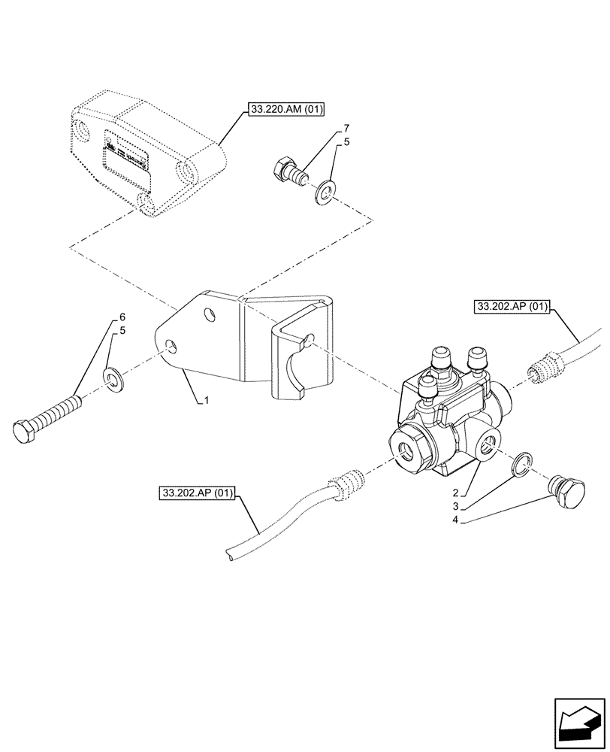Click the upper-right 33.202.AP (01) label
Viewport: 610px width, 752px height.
pos(513,307)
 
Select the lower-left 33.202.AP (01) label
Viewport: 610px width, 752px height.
pos(198,494)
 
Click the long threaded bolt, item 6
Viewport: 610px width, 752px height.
pos(49,417)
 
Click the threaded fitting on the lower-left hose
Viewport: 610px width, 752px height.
pos(346,484)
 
